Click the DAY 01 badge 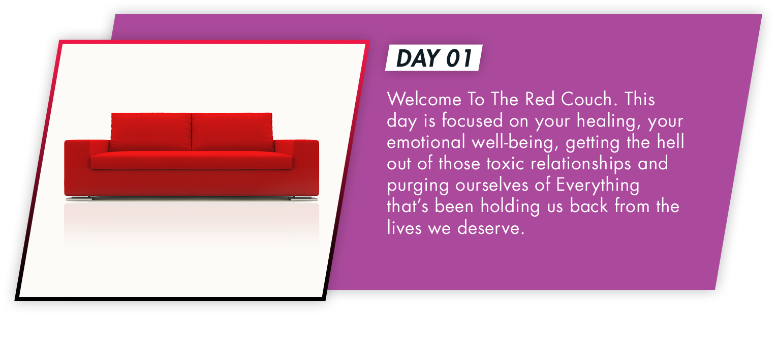coord(434,57)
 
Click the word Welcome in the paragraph coord(424,99)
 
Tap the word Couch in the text coord(586,99)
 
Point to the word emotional coord(426,142)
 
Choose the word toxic coord(505,164)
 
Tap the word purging coord(418,186)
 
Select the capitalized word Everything coord(598,186)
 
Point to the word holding coord(510,207)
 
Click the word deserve coord(490,228)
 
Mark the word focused coord(472,121)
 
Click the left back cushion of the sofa coord(150,132)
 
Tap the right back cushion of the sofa coord(232,132)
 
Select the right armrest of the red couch coord(305,167)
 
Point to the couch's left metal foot coord(80,199)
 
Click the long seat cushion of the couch coord(191,160)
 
